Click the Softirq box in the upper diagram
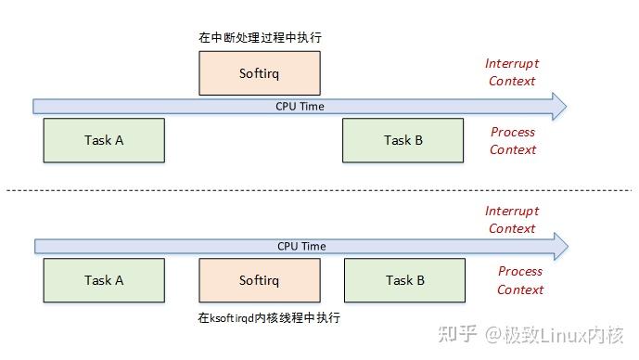coord(260,72)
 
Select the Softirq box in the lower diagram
coord(260,280)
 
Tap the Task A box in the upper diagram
coord(104,141)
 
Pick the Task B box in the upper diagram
coord(403,141)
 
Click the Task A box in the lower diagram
coord(104,280)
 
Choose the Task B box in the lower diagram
coord(404,280)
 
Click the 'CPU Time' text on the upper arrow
coord(300,106)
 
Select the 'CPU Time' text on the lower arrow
coord(301,246)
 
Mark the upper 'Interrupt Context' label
coord(511,72)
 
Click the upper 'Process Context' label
coord(513,141)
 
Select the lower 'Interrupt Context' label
coord(511,220)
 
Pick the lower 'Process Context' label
coord(519,280)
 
